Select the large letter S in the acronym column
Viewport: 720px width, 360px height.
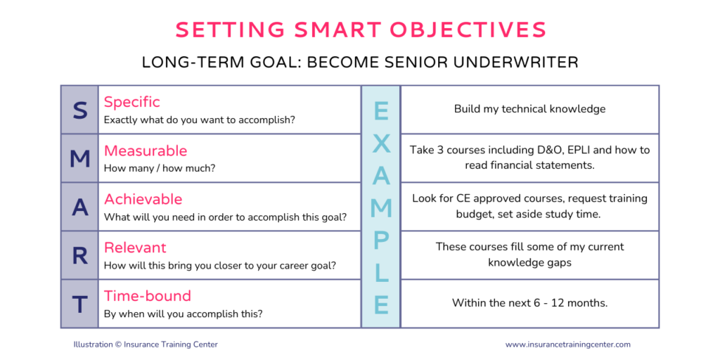pyautogui.click(x=80, y=110)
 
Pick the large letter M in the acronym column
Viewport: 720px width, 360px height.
pyautogui.click(x=80, y=159)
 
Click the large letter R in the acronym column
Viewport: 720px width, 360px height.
pyautogui.click(x=80, y=256)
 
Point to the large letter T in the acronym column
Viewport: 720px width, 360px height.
pyautogui.click(x=80, y=304)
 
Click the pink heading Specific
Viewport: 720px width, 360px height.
pyautogui.click(x=131, y=102)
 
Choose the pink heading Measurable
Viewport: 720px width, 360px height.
pyautogui.click(x=146, y=150)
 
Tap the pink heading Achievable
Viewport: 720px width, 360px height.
pyautogui.click(x=143, y=199)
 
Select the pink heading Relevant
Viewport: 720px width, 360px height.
pyautogui.click(x=135, y=247)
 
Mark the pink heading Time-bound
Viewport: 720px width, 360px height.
pyautogui.click(x=148, y=296)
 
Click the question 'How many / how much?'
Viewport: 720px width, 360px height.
pyautogui.click(x=160, y=169)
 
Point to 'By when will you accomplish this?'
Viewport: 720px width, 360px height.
pyautogui.click(x=184, y=314)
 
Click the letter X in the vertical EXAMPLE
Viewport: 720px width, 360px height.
pyautogui.click(x=381, y=143)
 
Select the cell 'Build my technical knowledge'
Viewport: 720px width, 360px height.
pyautogui.click(x=530, y=109)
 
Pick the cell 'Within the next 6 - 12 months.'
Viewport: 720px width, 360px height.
pyautogui.click(x=530, y=303)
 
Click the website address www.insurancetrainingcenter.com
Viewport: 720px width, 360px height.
pyautogui.click(x=568, y=345)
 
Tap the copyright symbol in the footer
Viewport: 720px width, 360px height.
pyautogui.click(x=118, y=345)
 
